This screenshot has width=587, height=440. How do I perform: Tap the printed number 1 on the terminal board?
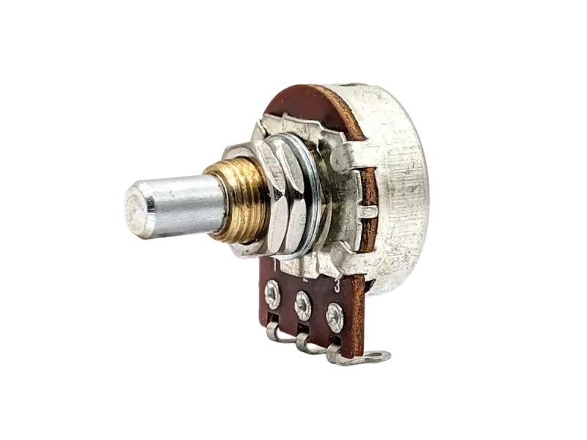[276, 266]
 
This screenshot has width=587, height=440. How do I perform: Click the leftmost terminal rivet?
[272, 294]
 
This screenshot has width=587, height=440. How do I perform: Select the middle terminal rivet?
[302, 305]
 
